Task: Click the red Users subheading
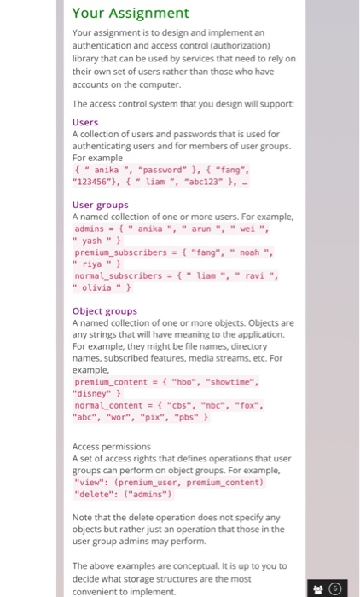coord(85,122)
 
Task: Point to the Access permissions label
coord(111,446)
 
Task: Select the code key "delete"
coord(94,494)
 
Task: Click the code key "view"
coord(89,482)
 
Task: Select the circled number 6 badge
coord(339,588)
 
